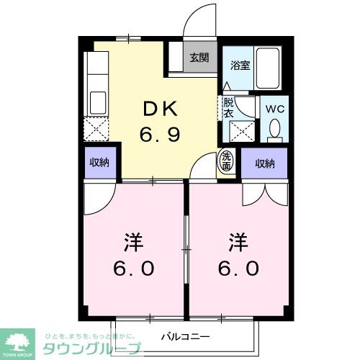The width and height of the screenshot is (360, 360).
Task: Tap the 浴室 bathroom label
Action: (x=239, y=63)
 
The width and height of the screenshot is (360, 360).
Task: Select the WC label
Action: (x=275, y=108)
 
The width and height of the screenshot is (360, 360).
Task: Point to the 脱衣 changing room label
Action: (x=228, y=107)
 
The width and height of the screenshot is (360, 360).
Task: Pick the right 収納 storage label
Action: (x=264, y=163)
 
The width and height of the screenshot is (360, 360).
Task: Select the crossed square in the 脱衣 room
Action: (x=240, y=132)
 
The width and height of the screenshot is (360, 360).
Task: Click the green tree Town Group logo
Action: (x=20, y=339)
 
